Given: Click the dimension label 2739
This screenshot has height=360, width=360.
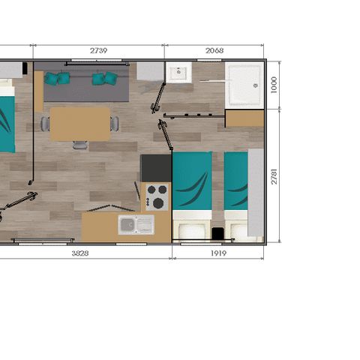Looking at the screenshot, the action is click(x=99, y=51).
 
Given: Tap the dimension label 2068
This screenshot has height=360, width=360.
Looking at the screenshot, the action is click(x=214, y=51).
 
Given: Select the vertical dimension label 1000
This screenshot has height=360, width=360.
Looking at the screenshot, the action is click(x=274, y=85).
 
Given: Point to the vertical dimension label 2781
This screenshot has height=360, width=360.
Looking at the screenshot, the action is click(x=274, y=176).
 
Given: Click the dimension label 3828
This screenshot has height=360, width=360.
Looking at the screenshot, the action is click(x=80, y=253).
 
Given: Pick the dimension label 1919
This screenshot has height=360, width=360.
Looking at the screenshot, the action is click(x=218, y=253).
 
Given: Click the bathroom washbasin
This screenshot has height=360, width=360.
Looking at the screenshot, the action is click(x=179, y=73).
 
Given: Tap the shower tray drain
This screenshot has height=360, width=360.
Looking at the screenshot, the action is click(x=256, y=85).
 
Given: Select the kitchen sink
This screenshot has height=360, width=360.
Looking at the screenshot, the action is click(x=136, y=225).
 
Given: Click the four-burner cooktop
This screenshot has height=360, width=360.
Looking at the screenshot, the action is click(x=157, y=197).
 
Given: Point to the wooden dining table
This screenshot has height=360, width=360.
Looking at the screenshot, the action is click(x=80, y=124).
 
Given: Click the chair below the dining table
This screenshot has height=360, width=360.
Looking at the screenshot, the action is click(x=80, y=145).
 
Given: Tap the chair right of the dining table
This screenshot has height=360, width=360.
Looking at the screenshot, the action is click(x=115, y=124).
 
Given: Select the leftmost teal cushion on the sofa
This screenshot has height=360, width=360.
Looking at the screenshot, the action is click(x=50, y=79).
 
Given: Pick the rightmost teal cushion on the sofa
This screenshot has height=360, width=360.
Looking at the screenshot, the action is click(x=110, y=78).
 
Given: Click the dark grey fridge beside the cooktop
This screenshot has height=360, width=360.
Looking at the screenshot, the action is click(x=156, y=168).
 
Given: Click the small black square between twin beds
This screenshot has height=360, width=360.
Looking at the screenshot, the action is click(x=217, y=233).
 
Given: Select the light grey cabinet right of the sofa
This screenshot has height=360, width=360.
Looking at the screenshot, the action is click(x=150, y=71).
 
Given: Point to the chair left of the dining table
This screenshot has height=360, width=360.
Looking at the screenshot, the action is click(x=45, y=124).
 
